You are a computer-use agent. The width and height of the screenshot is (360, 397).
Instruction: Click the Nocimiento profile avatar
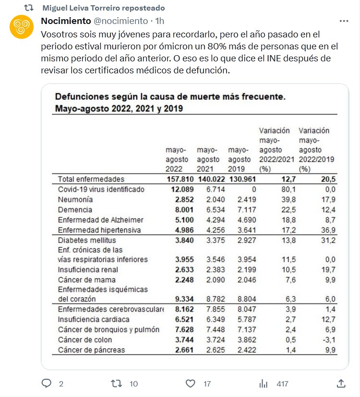pyautogui.click(x=22, y=27)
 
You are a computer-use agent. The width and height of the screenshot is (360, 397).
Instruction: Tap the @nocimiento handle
pyautogui.click(x=120, y=21)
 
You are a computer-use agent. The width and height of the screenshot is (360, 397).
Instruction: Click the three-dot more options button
pyautogui.click(x=344, y=21)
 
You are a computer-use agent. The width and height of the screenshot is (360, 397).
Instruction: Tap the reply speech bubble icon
pyautogui.click(x=47, y=383)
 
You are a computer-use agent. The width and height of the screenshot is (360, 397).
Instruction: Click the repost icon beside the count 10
pyautogui.click(x=116, y=383)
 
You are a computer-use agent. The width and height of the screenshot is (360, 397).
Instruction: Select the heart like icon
pyautogui.click(x=191, y=383)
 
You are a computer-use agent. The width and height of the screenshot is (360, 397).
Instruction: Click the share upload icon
pyautogui.click(x=341, y=383)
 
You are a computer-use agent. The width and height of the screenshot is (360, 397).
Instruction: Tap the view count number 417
pyautogui.click(x=282, y=384)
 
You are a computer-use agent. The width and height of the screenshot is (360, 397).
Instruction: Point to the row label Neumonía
pyautogui.click(x=75, y=199)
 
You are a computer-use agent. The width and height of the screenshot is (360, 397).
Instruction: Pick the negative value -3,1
pyautogui.click(x=328, y=340)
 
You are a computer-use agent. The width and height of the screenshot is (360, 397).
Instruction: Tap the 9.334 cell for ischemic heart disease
pyautogui.click(x=179, y=299)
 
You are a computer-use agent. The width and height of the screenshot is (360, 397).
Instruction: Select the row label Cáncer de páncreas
pyautogui.click(x=91, y=350)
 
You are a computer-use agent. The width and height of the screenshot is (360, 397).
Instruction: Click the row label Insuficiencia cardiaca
pyautogui.click(x=94, y=319)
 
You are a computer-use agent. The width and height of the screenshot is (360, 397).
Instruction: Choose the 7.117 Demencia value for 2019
pyautogui.click(x=240, y=210)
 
